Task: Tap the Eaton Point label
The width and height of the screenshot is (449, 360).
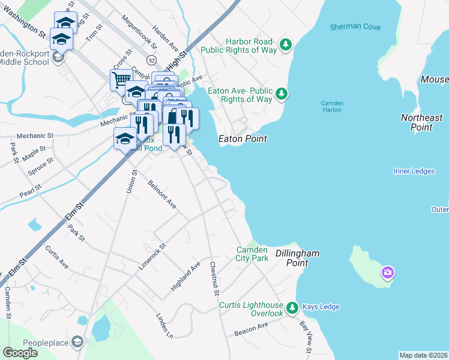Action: tap(243, 139)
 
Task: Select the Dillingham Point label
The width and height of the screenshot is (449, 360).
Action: tap(297, 259)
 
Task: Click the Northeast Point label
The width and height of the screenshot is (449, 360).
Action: tap(421, 122)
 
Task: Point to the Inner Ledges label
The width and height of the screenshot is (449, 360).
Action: tap(414, 171)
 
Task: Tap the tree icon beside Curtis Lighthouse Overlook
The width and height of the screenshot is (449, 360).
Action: tap(292, 308)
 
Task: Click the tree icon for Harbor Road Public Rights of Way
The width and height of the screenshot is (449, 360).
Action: tap(286, 44)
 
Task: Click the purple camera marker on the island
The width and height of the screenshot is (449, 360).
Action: tap(387, 274)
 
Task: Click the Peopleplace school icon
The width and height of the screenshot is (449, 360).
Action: tap(77, 342)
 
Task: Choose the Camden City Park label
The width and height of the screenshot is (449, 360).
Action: tap(252, 254)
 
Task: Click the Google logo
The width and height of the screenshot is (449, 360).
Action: tap(20, 353)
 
